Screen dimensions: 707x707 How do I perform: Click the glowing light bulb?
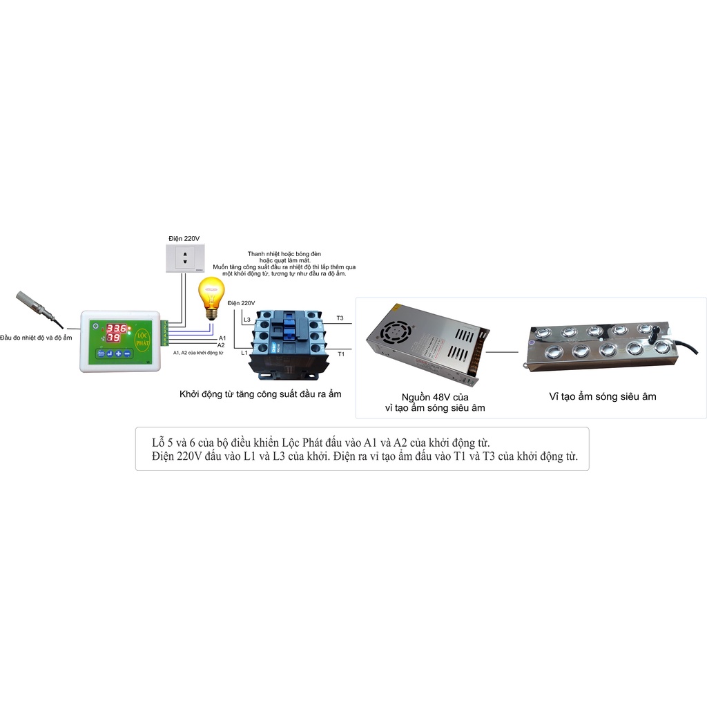point(212,295)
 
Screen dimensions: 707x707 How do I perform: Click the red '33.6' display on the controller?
point(115,329)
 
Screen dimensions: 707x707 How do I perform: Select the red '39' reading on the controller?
point(113,339)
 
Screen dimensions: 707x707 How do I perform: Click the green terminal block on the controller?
point(164,333)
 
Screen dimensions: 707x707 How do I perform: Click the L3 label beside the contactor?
point(247,320)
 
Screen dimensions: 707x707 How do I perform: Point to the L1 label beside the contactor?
point(244,353)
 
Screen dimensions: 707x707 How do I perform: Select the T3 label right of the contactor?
point(340,318)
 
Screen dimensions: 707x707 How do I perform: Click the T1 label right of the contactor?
point(340,353)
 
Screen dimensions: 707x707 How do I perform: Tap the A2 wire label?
point(222,344)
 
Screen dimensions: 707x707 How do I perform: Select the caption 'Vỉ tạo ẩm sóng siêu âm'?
point(602,396)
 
